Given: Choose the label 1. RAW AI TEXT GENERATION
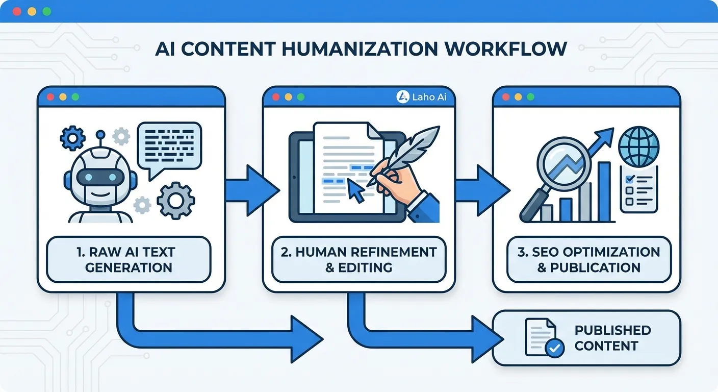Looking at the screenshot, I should pos(129,259).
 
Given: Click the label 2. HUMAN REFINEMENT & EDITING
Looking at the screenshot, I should pos(359,259).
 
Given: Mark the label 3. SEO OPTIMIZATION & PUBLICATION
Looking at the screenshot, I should pos(588,259).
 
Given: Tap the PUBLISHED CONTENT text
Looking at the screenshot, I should pos(612,338).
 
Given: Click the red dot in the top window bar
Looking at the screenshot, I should pos(18,11).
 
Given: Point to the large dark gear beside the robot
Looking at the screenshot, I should pos(175,201).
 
